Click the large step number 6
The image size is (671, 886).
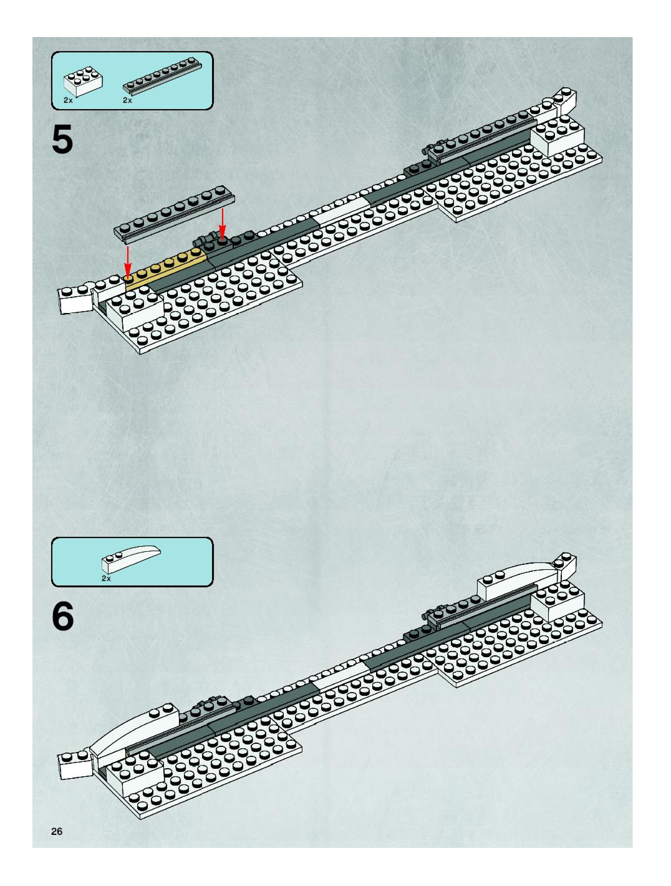[63, 617]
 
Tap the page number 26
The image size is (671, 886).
[57, 831]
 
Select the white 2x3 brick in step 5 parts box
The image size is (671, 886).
[83, 82]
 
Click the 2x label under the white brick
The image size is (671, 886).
[68, 100]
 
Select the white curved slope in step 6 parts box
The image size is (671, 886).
[131, 559]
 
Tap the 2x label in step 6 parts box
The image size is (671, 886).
[106, 578]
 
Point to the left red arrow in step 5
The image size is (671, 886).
[128, 260]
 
